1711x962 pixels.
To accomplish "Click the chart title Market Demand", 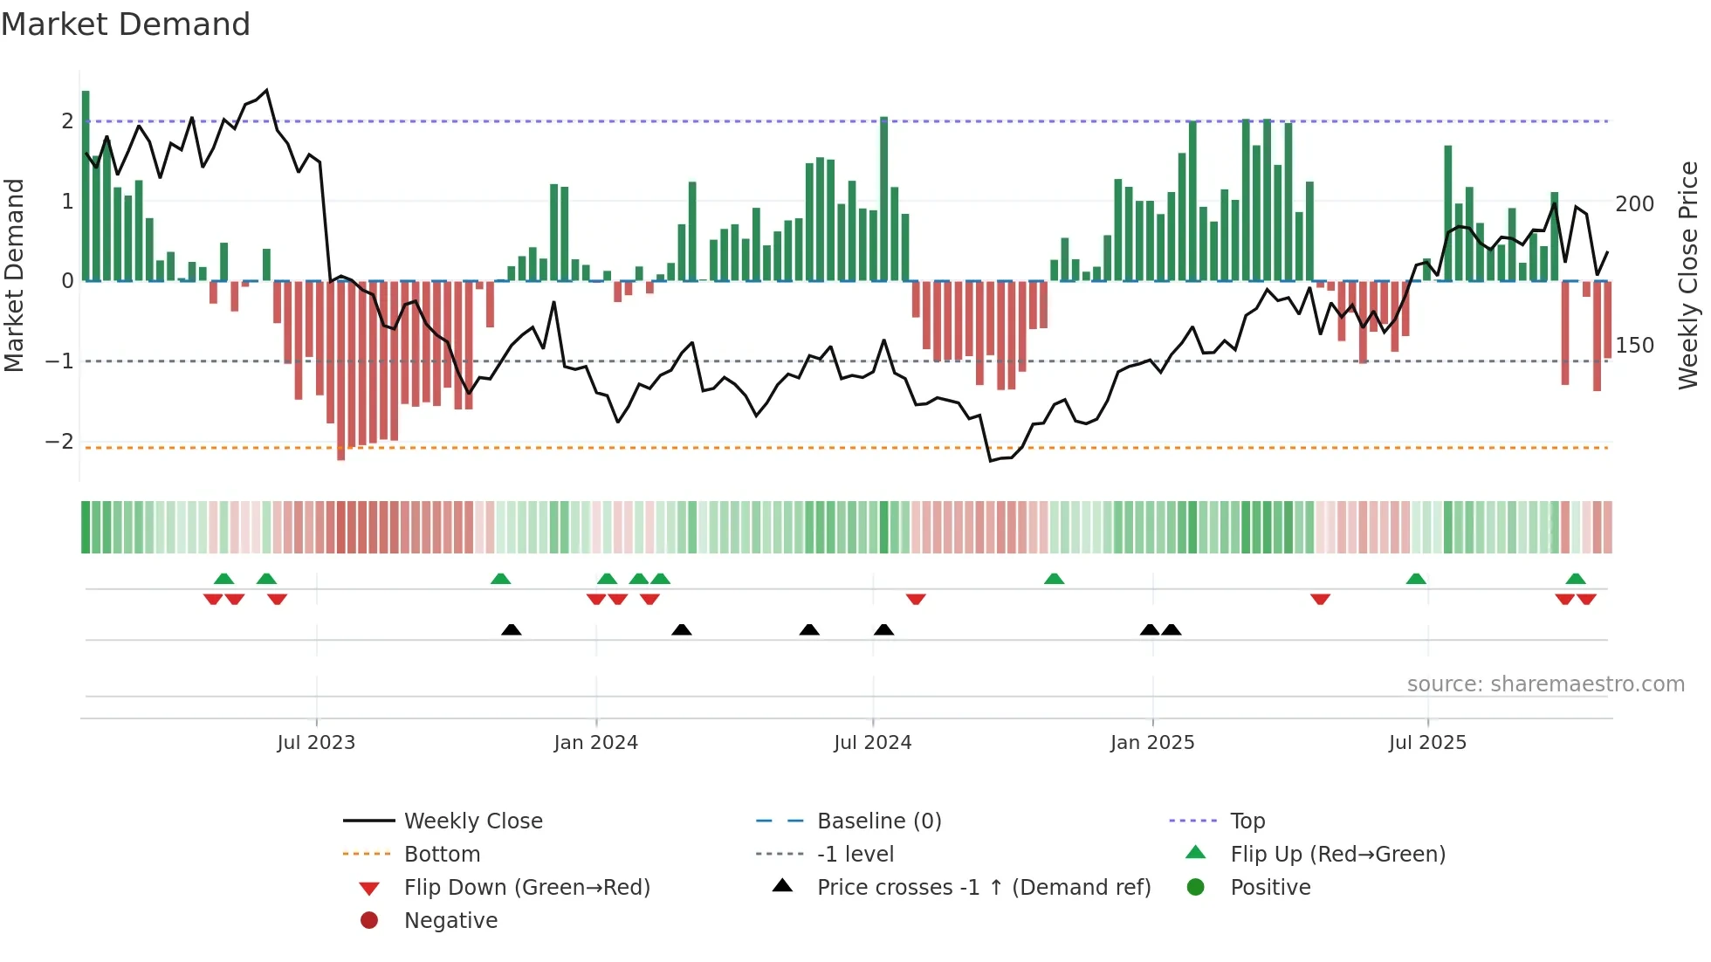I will point(126,24).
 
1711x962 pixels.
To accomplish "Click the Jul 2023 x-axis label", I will point(316,743).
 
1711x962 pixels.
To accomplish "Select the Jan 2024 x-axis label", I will point(596,743).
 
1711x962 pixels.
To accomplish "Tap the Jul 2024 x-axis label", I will point(873,743).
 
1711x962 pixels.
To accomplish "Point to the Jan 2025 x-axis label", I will point(1152,743).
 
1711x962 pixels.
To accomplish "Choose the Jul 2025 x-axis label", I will point(1428,743).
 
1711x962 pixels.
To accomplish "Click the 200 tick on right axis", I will point(1634,204).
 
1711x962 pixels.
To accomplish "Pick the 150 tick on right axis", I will point(1634,346).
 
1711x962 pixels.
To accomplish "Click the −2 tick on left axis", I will point(60,442).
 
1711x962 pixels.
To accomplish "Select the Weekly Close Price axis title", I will point(1688,275).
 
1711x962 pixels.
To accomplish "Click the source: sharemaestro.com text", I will point(1545,684).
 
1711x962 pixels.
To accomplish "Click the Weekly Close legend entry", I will point(472,821).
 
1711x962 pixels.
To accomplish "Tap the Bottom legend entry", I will point(442,855).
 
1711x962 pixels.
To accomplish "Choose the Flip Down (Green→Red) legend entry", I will point(526,888).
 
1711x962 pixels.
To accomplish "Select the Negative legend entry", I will point(450,921).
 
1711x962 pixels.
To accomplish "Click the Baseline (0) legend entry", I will point(878,821).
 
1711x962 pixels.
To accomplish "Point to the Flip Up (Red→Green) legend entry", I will point(1337,855).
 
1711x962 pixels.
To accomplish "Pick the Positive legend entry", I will point(1270,888).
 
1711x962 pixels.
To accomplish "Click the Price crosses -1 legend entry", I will point(983,888).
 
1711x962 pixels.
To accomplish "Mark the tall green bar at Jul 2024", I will point(883,199).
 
